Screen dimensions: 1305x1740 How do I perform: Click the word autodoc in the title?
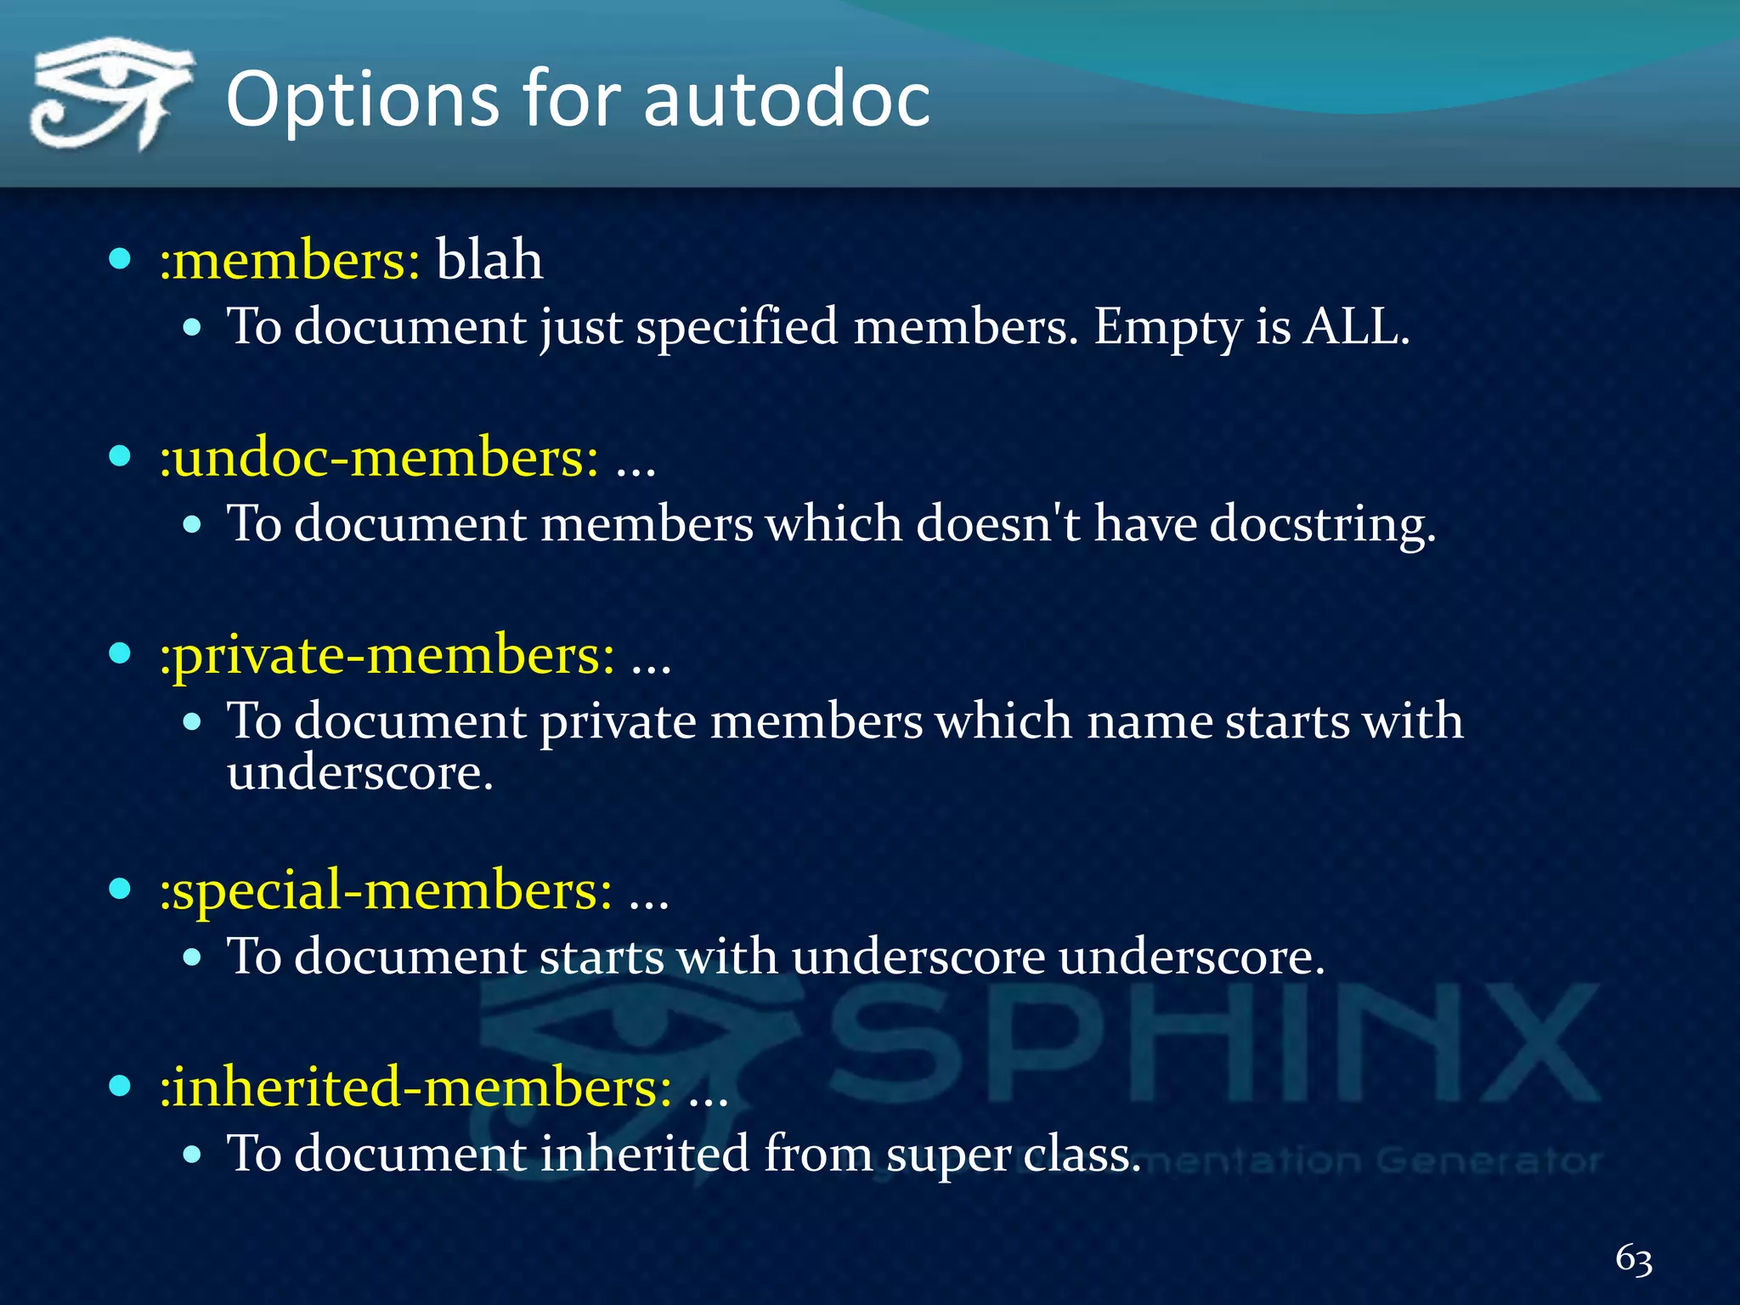point(787,99)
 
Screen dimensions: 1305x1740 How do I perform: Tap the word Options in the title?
point(361,101)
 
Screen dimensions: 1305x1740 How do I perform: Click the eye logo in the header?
point(110,93)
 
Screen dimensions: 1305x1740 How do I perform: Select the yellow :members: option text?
point(290,260)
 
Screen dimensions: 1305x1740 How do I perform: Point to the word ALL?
point(1356,326)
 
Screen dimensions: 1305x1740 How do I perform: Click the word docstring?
point(1322,523)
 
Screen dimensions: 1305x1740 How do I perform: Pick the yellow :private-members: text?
point(387,655)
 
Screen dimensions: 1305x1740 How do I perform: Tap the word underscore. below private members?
point(360,773)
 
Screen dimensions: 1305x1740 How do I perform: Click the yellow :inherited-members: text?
point(415,1087)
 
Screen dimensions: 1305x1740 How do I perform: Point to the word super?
point(946,1155)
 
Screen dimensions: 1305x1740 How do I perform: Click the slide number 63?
point(1633,1258)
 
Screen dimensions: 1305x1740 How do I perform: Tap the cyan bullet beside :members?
point(120,258)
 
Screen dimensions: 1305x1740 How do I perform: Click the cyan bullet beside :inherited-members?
point(120,1085)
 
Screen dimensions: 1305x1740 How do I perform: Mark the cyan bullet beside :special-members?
point(120,889)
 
